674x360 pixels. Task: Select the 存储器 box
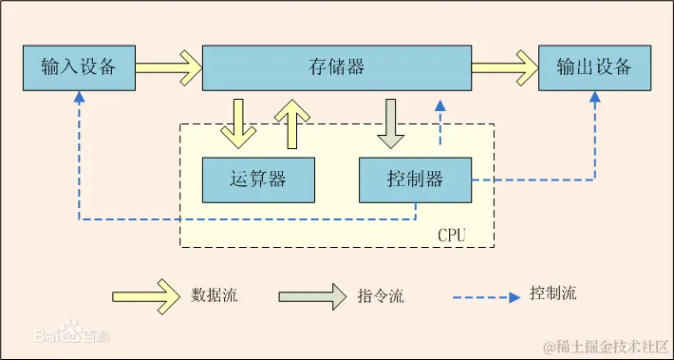pyautogui.click(x=336, y=67)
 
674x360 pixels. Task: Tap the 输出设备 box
pyautogui.click(x=594, y=67)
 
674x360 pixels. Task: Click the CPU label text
pyautogui.click(x=451, y=234)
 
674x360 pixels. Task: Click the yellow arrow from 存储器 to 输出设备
pyautogui.click(x=504, y=67)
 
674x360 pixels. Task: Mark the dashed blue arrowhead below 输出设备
pyautogui.click(x=595, y=97)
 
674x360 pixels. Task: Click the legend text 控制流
pyautogui.click(x=553, y=294)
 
